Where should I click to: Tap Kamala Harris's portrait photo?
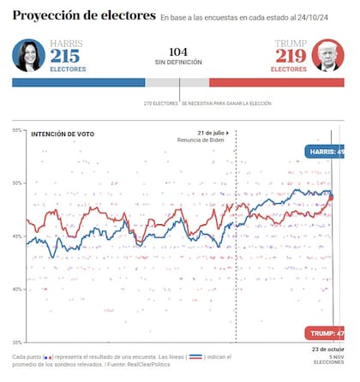28,57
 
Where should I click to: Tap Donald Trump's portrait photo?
328,57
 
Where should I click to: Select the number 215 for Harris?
65,57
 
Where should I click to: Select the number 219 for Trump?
291,57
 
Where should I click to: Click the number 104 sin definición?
178,51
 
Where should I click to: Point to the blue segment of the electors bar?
78,83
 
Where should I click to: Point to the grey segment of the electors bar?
177,83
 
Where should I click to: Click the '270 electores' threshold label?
161,103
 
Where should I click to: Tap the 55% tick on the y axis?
17,130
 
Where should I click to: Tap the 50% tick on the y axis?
17,183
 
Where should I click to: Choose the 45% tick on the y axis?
17,236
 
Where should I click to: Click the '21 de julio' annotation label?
211,133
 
